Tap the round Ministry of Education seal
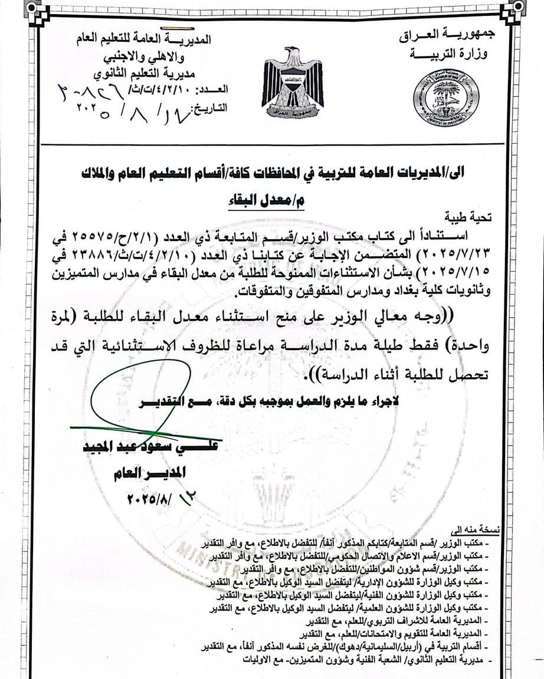click(x=445, y=98)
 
